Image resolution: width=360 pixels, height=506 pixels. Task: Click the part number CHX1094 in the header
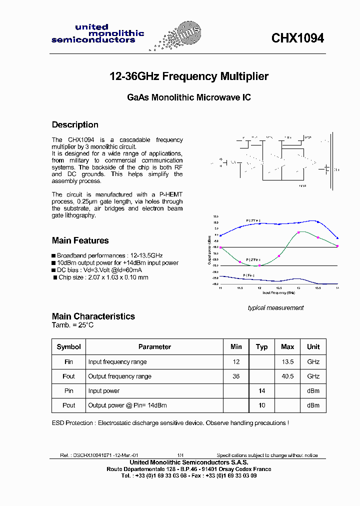(x=297, y=38)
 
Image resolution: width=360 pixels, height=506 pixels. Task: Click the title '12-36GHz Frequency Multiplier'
(x=189, y=76)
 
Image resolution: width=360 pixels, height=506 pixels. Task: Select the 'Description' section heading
(x=75, y=125)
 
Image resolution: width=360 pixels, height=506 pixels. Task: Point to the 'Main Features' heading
(x=80, y=240)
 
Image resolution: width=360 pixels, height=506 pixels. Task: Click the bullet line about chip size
(x=103, y=277)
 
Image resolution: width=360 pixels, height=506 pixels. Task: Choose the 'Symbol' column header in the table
(x=68, y=347)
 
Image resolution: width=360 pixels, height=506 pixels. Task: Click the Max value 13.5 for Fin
(x=287, y=362)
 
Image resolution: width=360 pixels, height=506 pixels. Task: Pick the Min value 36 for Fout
(x=236, y=376)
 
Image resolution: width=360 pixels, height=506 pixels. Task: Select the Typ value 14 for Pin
(x=261, y=391)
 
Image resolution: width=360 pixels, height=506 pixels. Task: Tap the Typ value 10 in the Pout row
(x=261, y=405)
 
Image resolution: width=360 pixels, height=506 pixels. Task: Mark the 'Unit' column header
(x=313, y=347)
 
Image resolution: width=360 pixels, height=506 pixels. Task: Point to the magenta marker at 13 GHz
(x=298, y=232)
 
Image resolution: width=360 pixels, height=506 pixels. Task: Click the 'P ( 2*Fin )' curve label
(x=252, y=260)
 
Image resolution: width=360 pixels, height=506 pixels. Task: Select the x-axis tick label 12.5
(x=279, y=288)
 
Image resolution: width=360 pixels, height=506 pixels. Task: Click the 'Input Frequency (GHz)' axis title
(x=279, y=293)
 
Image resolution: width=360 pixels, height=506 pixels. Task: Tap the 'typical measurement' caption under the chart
(x=275, y=308)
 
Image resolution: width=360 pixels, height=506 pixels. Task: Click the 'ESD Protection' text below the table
(x=73, y=423)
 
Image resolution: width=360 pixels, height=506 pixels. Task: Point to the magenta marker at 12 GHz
(x=259, y=265)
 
